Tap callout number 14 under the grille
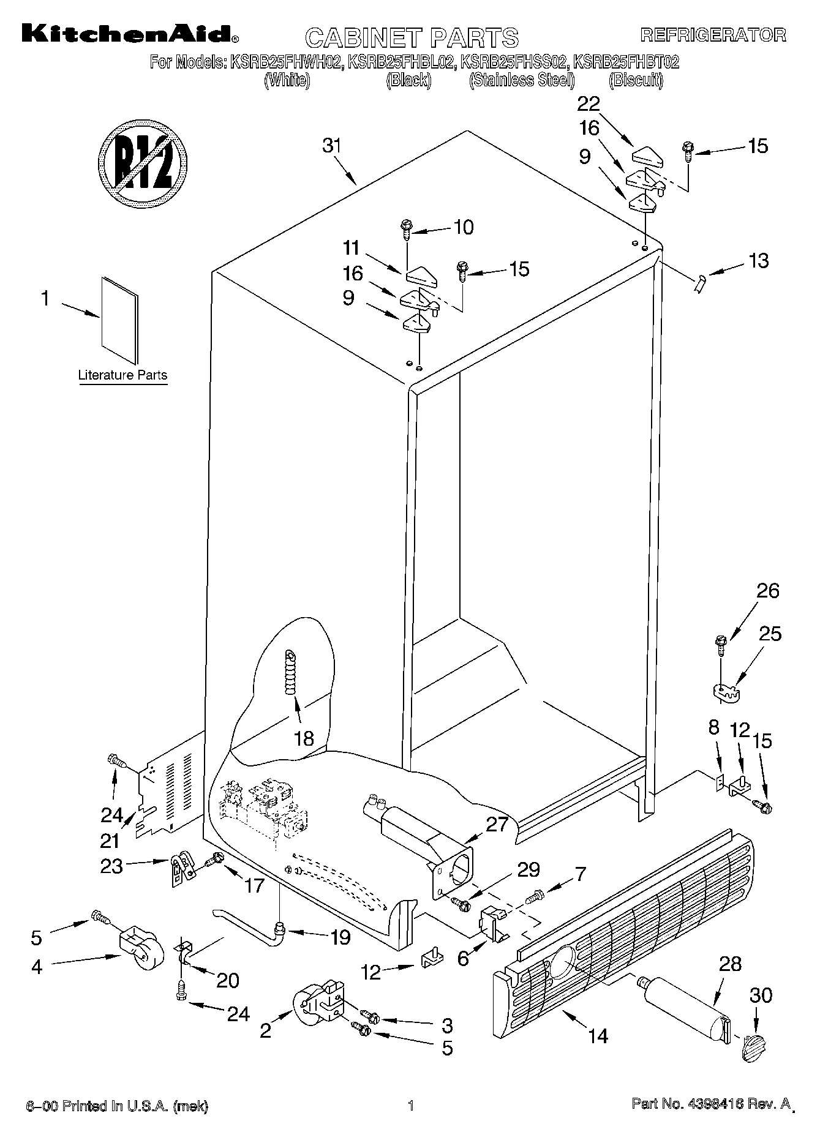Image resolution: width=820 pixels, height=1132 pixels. point(598,1035)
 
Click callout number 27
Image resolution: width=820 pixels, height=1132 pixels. point(497,824)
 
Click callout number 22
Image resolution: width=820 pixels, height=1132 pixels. point(589,103)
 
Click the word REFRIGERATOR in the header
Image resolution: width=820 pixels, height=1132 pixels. point(713,34)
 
